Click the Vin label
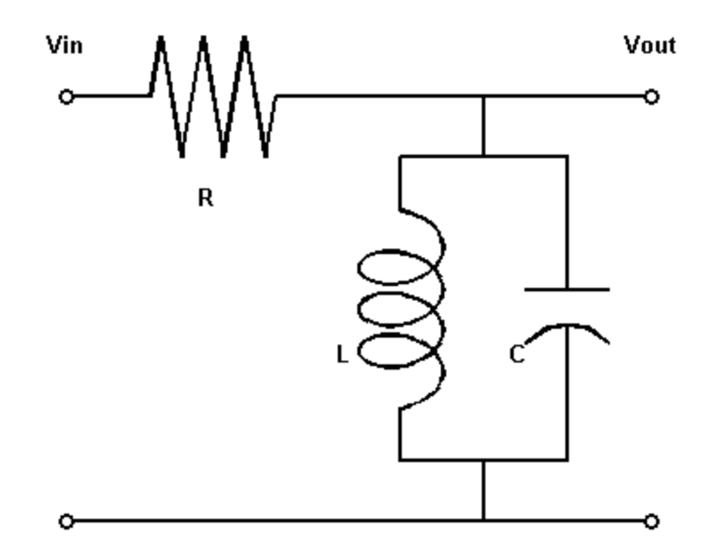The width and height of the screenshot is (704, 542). [65, 45]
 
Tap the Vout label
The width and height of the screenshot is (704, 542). [650, 45]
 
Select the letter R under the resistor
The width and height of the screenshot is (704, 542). [205, 199]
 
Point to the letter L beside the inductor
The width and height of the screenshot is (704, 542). [341, 355]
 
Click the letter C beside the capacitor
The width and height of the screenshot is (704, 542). [516, 355]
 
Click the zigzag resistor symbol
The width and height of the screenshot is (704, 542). [212, 96]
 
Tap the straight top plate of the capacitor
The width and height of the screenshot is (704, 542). [567, 289]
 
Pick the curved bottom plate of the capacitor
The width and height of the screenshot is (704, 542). [567, 330]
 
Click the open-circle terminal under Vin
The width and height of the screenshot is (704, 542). [65, 97]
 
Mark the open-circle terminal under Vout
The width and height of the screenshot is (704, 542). [652, 97]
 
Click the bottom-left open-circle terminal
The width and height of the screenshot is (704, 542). [65, 520]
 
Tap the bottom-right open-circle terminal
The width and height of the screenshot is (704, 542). [652, 520]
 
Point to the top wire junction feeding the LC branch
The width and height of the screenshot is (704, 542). [484, 96]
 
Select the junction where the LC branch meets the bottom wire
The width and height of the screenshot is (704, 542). [484, 519]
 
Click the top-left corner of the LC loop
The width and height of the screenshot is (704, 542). [400, 156]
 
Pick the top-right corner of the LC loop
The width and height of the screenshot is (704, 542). [567, 156]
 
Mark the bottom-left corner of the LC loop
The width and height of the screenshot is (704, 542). [400, 459]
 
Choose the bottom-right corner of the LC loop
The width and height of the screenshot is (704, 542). [567, 459]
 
